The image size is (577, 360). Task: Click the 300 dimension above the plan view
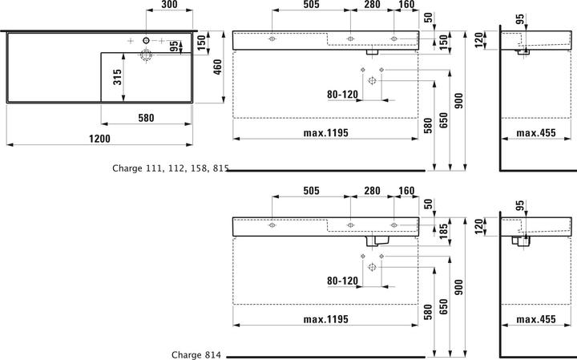coord(168,5)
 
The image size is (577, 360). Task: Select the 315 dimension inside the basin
coord(117,78)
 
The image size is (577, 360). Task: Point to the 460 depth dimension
coord(216,67)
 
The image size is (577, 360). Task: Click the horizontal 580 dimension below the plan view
coord(145,118)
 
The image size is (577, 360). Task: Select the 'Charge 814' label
coord(196,354)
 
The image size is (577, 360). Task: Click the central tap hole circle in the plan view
coord(147,40)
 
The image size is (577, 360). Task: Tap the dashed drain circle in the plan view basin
coord(147,55)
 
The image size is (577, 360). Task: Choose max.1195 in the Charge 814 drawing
coord(325,319)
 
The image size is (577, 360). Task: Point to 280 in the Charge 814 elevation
coord(372,191)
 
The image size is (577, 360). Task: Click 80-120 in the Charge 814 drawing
coord(342,281)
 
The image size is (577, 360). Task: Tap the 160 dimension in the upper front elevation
coord(406,5)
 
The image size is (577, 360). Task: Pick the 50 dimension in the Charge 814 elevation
coord(430,205)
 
